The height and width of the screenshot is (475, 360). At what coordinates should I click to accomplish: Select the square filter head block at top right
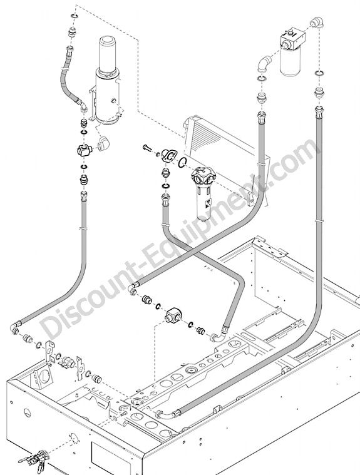coord(292,39)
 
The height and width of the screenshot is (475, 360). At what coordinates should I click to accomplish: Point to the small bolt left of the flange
coord(148,149)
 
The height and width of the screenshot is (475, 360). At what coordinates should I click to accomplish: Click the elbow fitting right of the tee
coord(103,143)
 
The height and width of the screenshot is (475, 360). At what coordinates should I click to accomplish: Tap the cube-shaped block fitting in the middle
coord(172,316)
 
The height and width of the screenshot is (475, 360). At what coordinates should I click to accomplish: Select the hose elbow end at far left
coord(15,328)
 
